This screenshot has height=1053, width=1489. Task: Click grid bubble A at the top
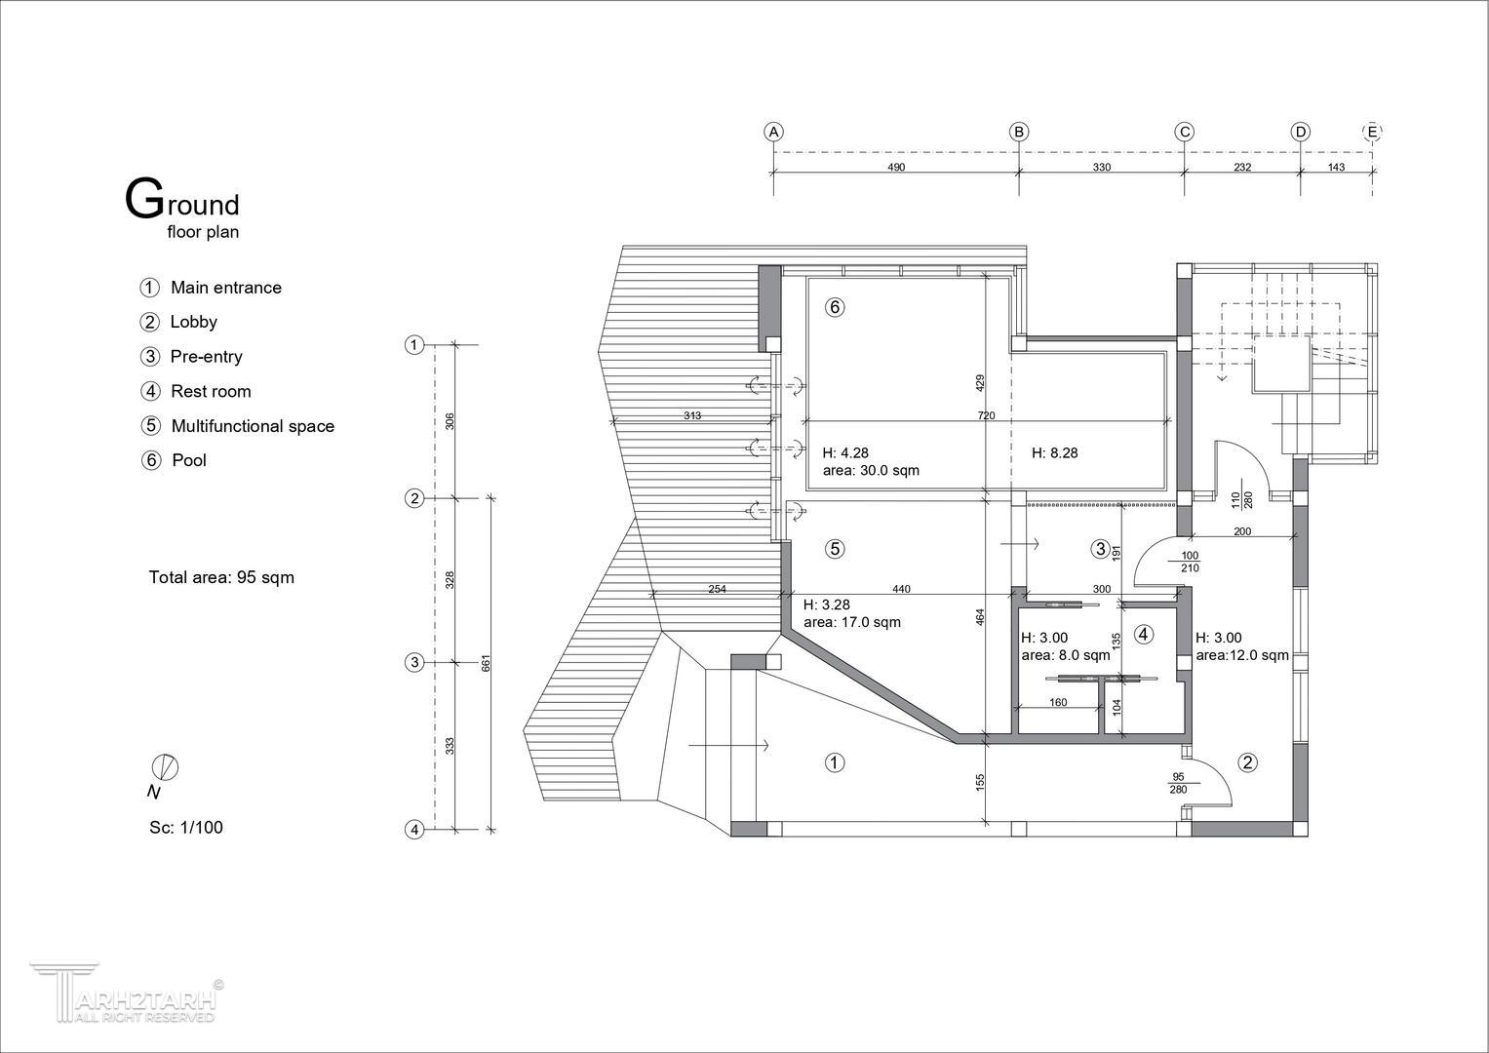click(x=773, y=132)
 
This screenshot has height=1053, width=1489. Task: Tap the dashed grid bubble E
click(x=1372, y=132)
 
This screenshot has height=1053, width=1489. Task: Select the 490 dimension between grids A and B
click(x=896, y=167)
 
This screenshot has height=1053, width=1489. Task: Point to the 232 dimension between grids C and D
click(x=1242, y=167)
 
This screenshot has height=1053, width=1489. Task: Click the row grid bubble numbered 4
click(x=414, y=830)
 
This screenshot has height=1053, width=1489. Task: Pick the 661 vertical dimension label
click(x=486, y=663)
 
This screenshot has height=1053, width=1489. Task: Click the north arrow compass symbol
click(x=165, y=768)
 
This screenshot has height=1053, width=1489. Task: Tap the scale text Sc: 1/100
click(x=186, y=828)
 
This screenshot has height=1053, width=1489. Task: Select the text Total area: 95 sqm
click(x=221, y=577)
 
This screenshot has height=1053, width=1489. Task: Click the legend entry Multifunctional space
click(x=253, y=426)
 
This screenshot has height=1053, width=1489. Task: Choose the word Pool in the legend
click(x=189, y=460)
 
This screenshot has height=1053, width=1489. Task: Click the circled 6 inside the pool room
click(x=835, y=307)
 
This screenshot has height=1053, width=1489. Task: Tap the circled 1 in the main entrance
click(x=835, y=762)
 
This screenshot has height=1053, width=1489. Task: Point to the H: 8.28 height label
click(x=1054, y=452)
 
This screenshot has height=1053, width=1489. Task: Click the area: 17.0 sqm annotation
click(x=852, y=622)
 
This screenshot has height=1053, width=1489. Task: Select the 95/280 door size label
click(x=1178, y=783)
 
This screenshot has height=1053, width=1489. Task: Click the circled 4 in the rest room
click(x=1144, y=634)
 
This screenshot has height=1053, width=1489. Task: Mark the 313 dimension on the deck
click(x=692, y=415)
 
